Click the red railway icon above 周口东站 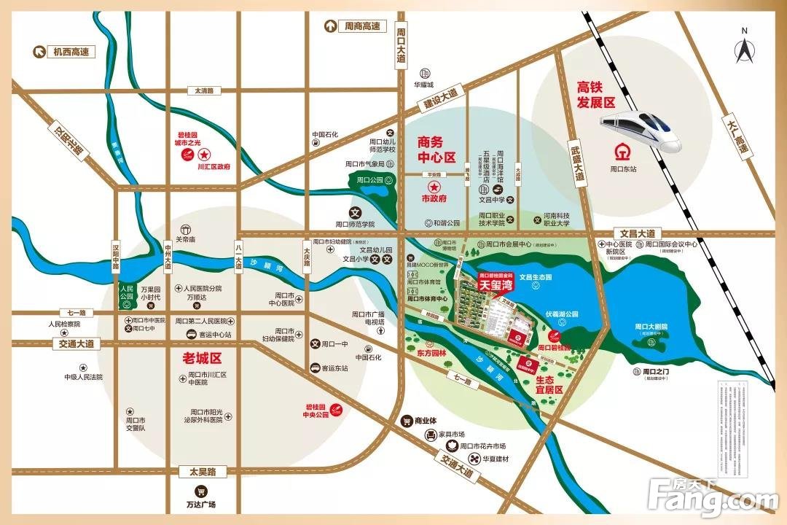coord(622,154)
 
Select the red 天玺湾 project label coord(496,283)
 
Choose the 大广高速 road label coord(737,139)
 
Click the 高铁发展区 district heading coord(596,94)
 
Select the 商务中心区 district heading coord(436,148)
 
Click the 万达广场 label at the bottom coord(200,505)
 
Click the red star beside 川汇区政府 coord(205,155)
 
